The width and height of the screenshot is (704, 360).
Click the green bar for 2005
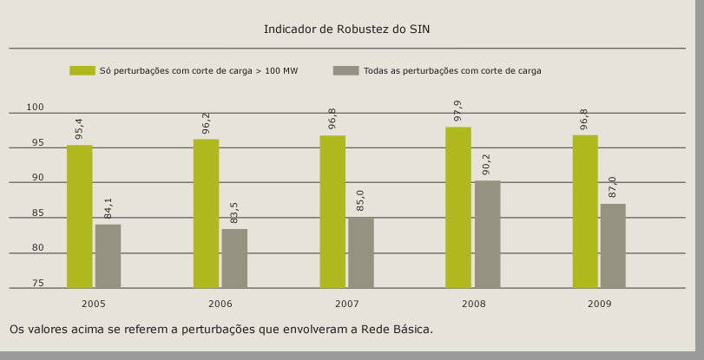click(x=80, y=216)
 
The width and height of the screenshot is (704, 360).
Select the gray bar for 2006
click(x=234, y=258)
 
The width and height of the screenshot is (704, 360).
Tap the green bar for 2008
click(x=458, y=207)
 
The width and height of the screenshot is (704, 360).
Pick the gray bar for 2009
click(x=613, y=245)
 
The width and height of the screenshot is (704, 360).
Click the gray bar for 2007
click(x=361, y=252)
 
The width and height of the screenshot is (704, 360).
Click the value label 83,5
click(x=234, y=214)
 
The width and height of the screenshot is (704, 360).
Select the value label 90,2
click(x=486, y=166)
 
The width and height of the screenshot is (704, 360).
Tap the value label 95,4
click(x=80, y=129)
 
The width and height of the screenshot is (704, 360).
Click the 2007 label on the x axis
click(x=346, y=304)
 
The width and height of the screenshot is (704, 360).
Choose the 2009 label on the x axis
click(x=599, y=304)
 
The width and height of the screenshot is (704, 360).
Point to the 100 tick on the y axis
click(x=35, y=108)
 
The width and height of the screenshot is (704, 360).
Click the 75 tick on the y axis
click(x=37, y=284)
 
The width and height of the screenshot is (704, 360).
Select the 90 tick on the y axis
click(x=37, y=178)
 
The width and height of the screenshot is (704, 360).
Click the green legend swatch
click(x=82, y=70)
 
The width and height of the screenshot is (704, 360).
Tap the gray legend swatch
click(x=345, y=70)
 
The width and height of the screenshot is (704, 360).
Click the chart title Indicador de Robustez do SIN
click(x=346, y=29)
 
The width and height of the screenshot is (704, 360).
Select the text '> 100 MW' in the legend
click(x=277, y=71)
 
